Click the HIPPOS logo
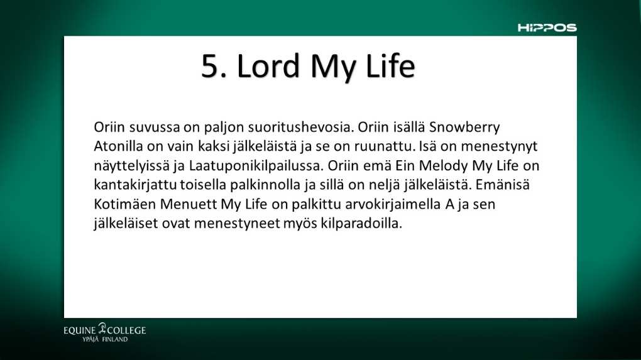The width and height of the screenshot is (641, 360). pos(547,28)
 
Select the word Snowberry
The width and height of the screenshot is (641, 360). pos(464,128)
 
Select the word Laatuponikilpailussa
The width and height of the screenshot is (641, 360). pos(256,166)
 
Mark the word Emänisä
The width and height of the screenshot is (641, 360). pos(502,185)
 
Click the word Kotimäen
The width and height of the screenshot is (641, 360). pos(124,204)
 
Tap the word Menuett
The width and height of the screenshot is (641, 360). pos(189,204)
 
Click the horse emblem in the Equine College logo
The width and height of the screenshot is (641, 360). pos(102,328)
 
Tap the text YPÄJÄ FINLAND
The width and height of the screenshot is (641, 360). pos(105,339)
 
